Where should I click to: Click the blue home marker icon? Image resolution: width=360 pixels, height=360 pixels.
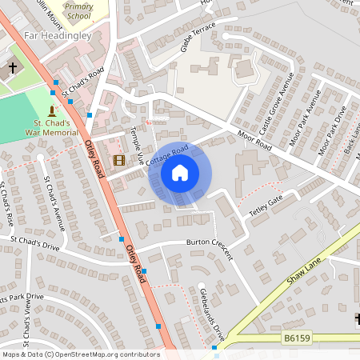180,172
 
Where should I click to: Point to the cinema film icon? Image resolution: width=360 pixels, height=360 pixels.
119,160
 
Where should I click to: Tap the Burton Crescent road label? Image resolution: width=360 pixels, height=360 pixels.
209,247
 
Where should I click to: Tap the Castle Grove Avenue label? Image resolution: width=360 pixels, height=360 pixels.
278,102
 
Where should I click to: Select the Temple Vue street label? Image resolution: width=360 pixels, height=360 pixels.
136,146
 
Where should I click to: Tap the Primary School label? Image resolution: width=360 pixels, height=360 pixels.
78,10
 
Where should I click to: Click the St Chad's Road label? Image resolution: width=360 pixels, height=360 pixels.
84,83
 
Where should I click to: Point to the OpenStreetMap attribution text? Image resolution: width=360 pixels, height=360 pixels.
81,354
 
